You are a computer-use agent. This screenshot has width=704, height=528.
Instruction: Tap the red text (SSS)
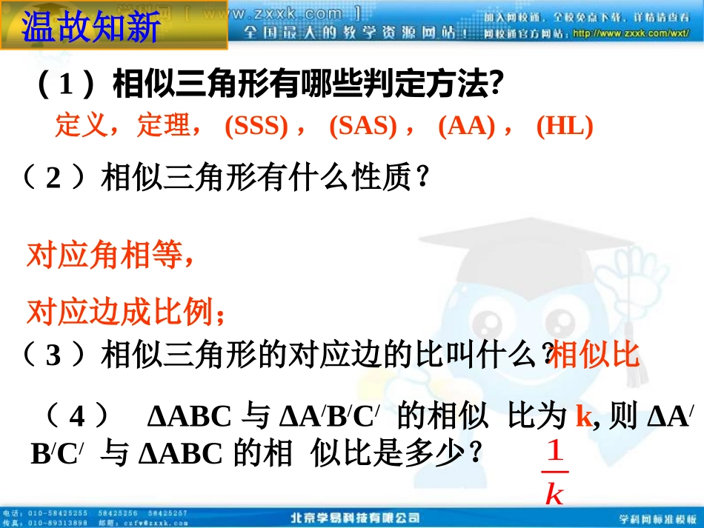[x=256, y=127]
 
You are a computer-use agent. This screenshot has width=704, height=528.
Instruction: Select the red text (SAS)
[x=362, y=127]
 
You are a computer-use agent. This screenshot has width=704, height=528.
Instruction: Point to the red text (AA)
[x=466, y=127]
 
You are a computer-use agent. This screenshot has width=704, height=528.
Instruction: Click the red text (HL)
[x=565, y=127]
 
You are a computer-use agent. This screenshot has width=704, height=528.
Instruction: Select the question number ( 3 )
[x=53, y=355]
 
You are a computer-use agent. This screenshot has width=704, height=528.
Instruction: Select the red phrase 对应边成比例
[x=124, y=312]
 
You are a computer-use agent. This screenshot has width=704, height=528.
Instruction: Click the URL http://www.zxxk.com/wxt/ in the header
[x=630, y=33]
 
